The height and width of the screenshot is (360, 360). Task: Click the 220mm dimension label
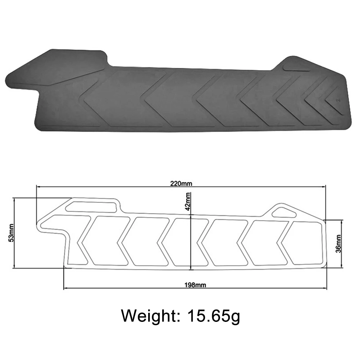click(x=181, y=184)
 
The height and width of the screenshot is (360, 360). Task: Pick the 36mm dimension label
click(x=338, y=243)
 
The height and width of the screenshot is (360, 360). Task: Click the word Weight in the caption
click(x=147, y=316)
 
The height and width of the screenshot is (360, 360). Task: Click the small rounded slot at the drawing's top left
click(x=92, y=206)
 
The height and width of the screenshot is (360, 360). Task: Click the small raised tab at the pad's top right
click(x=296, y=68)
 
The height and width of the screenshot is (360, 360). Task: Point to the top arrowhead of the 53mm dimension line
click(x=14, y=199)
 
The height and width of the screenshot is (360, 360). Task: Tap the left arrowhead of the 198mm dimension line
click(x=65, y=288)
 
